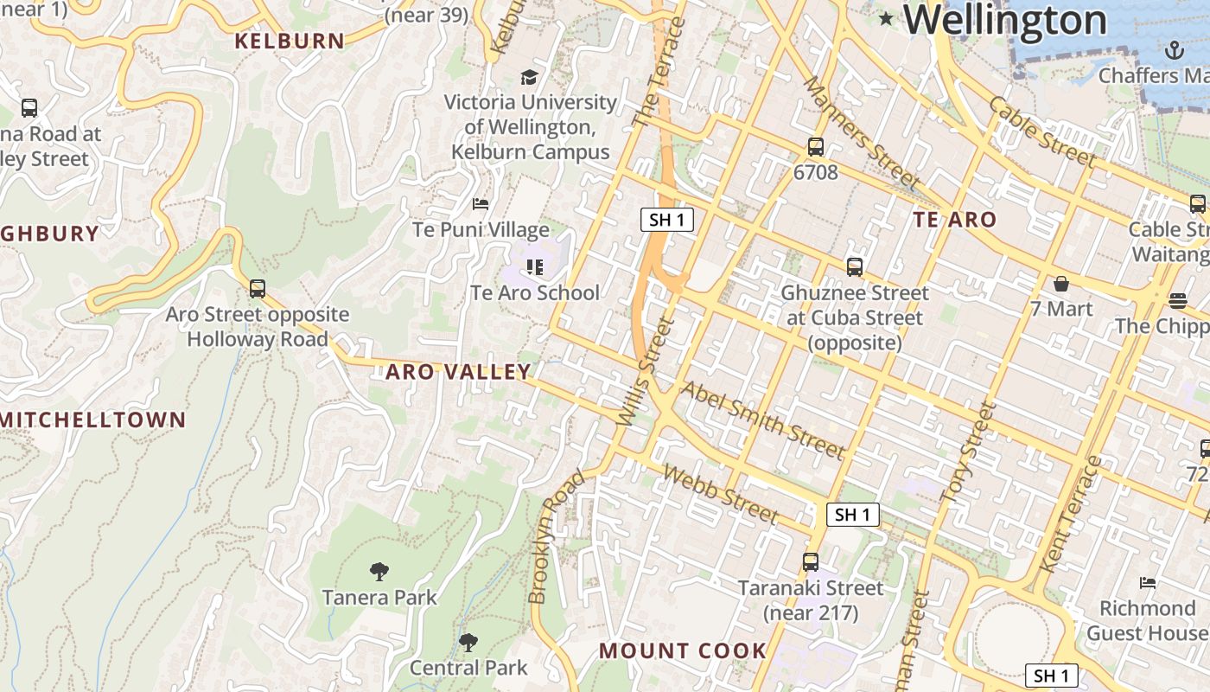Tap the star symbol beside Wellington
(x=885, y=18)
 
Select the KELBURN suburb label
(x=290, y=41)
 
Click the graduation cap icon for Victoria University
(x=529, y=77)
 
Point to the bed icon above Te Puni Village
(x=481, y=204)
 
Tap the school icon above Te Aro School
(x=534, y=267)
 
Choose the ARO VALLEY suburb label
(x=458, y=372)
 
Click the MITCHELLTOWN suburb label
(x=93, y=420)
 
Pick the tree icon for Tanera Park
(x=379, y=571)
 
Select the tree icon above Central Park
(x=468, y=642)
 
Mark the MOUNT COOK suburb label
(x=683, y=650)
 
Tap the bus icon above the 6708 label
(x=815, y=147)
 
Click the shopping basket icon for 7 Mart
(x=1060, y=284)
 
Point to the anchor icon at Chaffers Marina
(x=1173, y=50)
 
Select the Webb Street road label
(x=721, y=494)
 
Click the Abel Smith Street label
(x=762, y=420)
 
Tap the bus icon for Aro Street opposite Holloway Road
(x=257, y=289)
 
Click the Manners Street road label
(x=861, y=133)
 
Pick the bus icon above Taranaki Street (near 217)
(x=810, y=562)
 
